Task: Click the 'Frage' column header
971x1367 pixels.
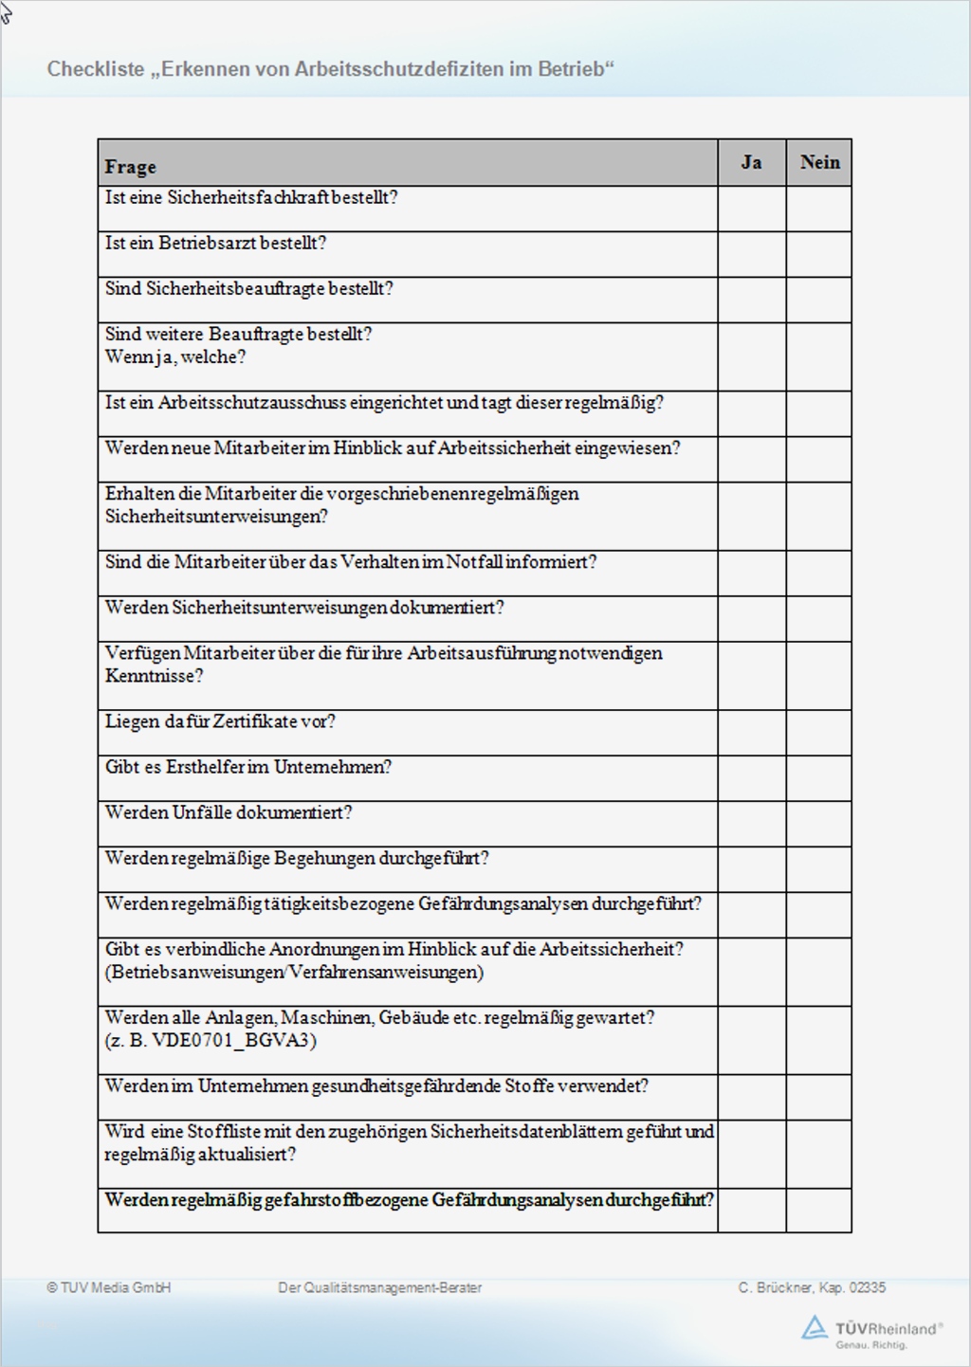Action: coord(131,167)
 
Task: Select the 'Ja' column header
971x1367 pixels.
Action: coord(751,162)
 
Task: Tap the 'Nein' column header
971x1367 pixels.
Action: coord(819,162)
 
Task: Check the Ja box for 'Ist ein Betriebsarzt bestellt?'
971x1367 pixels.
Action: coord(751,254)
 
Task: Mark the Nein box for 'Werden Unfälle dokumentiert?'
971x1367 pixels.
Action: coord(819,824)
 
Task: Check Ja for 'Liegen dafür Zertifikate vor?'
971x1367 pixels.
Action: coord(751,733)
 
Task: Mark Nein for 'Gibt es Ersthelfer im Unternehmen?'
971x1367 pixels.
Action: coord(819,778)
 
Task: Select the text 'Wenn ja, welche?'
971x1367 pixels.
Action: coord(175,357)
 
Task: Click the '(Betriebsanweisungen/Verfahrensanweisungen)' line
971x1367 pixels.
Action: coord(294,973)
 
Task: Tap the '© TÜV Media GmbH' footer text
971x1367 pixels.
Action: coord(109,1287)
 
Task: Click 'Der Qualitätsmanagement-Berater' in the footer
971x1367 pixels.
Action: coord(379,1287)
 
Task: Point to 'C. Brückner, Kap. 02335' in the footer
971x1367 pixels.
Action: coord(812,1287)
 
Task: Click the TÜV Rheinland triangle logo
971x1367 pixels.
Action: coord(814,1327)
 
